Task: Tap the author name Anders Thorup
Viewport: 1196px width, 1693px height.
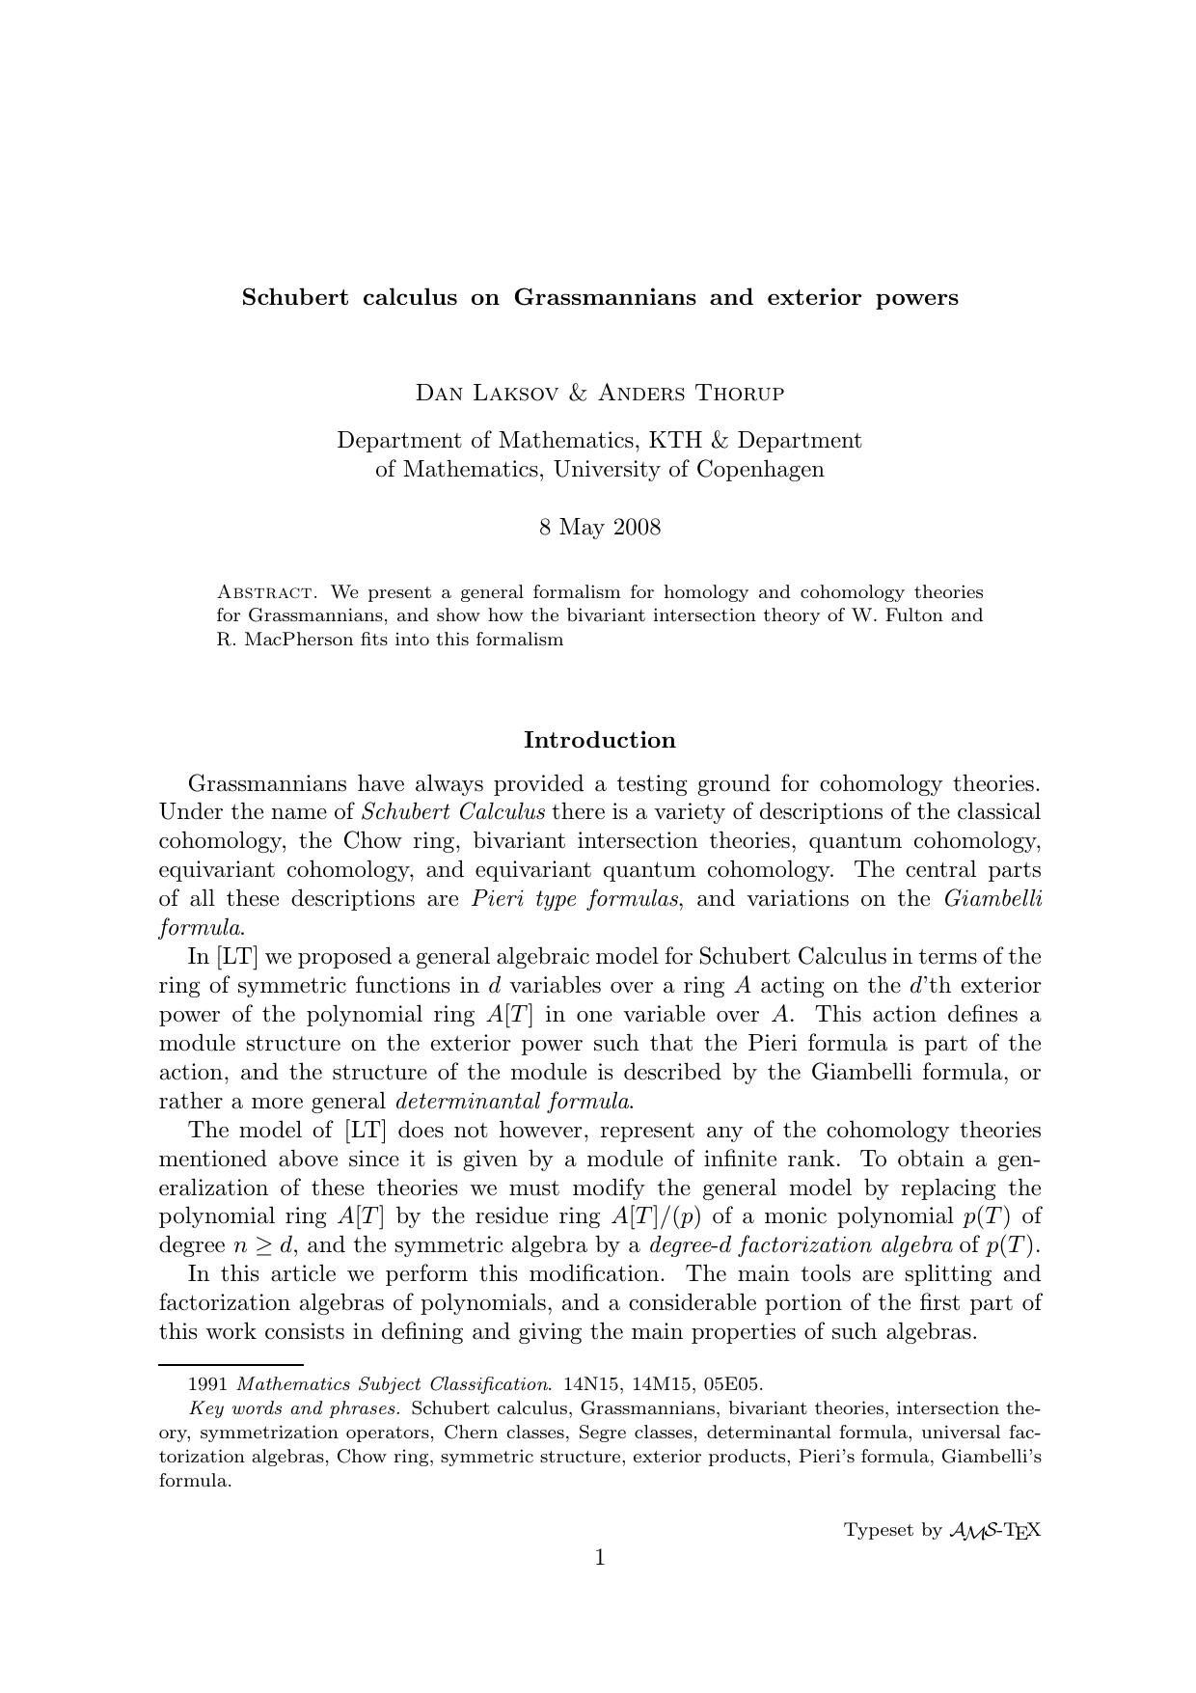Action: point(691,394)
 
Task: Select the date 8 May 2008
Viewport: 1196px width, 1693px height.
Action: point(599,528)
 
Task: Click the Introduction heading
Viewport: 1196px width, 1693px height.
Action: point(599,741)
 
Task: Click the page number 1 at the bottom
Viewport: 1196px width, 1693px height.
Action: point(599,1558)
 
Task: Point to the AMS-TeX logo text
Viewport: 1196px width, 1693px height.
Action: point(994,1530)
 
